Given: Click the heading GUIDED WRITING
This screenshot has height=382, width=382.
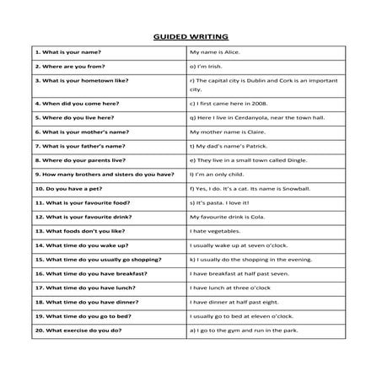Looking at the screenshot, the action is (x=191, y=37).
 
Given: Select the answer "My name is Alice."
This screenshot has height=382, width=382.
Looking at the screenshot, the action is (x=216, y=52).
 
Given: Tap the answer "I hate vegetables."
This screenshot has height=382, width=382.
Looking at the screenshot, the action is (x=218, y=230).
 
